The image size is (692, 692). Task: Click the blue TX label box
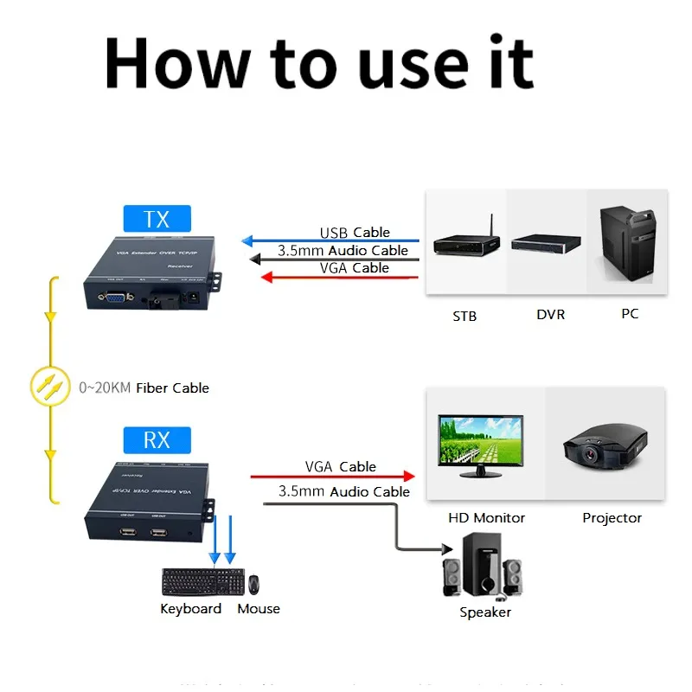point(157,219)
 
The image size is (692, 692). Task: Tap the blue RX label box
point(157,440)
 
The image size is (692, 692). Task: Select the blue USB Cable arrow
point(329,240)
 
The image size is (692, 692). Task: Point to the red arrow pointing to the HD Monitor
point(333,476)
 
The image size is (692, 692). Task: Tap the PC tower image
point(630,246)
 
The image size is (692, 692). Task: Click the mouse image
point(254,584)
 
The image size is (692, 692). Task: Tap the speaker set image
point(483,567)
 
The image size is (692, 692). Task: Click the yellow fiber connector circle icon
point(50,386)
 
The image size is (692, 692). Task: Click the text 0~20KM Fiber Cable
point(144,388)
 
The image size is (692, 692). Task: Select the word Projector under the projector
point(612,518)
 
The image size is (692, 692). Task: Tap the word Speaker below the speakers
point(485,612)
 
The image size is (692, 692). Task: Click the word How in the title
point(171,62)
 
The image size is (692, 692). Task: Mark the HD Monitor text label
point(486,518)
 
